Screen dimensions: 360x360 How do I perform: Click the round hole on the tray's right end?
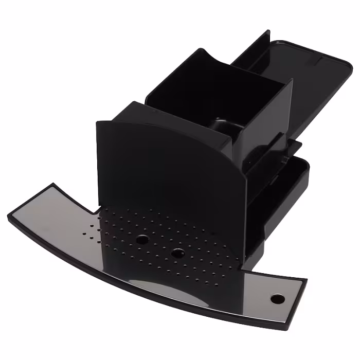(277, 299)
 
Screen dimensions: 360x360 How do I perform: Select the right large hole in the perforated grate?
(177, 253)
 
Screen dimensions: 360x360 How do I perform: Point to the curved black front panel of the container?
(165, 165)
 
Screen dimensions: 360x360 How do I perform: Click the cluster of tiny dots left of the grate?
(92, 231)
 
